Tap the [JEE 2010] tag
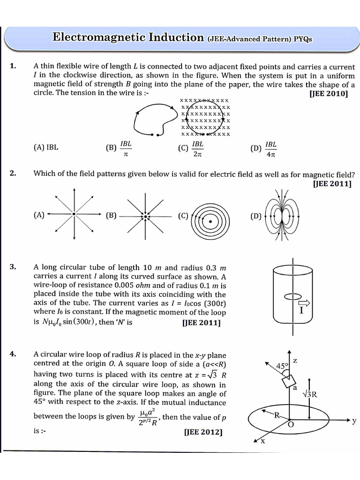click(x=329, y=93)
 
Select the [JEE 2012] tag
click(x=203, y=432)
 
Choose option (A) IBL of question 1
click(x=46, y=147)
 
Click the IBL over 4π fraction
click(x=270, y=148)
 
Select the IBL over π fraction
click(x=126, y=148)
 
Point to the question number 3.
click(x=13, y=267)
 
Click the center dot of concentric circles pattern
click(x=210, y=221)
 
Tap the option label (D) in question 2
click(x=256, y=216)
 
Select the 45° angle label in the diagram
click(x=282, y=366)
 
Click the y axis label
click(x=354, y=421)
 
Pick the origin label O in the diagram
click(x=291, y=425)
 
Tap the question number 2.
click(x=13, y=173)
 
